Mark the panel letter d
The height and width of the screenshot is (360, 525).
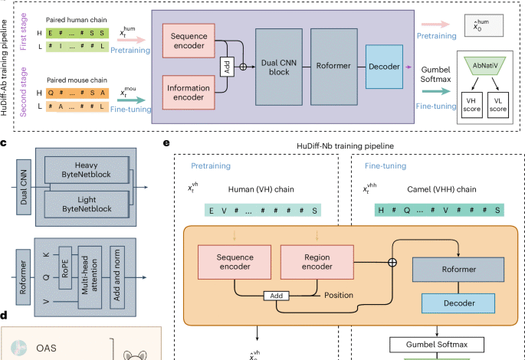[5, 314]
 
